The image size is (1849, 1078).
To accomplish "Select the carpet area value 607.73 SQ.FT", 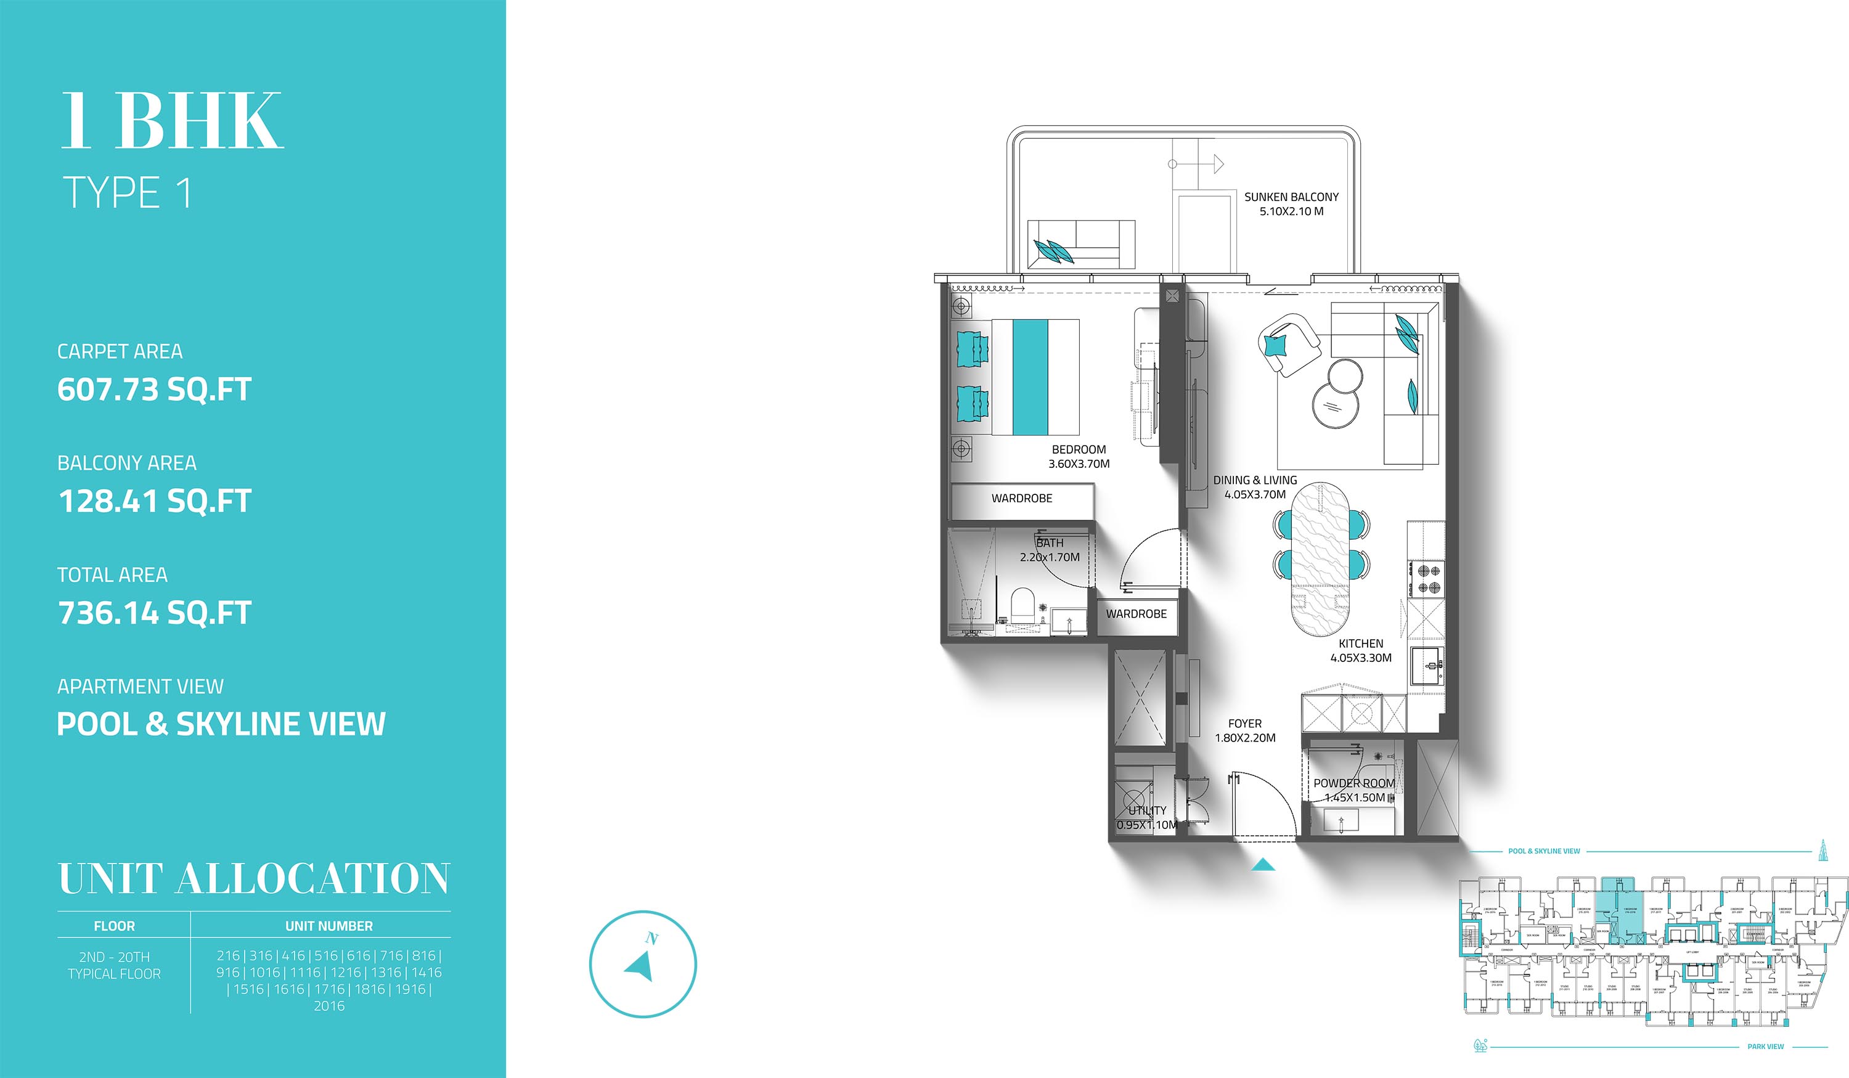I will coord(154,389).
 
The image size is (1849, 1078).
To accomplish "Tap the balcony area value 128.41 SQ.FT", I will coord(154,501).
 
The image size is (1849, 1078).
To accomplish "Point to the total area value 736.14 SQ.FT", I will coord(154,613).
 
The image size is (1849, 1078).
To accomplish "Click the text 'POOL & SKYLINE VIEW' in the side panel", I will coord(221,724).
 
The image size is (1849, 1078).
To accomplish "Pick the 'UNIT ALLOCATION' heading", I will coord(253,878).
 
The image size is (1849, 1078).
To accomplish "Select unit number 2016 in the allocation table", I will coord(329,1006).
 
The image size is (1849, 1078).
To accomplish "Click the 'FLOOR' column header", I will coord(115,926).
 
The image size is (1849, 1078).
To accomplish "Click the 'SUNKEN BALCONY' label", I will coord(1291,197).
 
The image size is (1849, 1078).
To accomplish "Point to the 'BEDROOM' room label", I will coord(1079,449).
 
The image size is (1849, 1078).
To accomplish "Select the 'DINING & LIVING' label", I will coord(1255,480).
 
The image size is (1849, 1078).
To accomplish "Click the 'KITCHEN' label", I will coord(1361,643).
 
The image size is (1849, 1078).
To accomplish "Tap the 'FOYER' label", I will coord(1245,724).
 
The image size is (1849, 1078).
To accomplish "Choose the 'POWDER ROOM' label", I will coord(1353,783).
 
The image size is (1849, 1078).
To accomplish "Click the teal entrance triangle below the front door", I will coord(1263,865).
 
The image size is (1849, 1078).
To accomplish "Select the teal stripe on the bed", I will coord(1030,377).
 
